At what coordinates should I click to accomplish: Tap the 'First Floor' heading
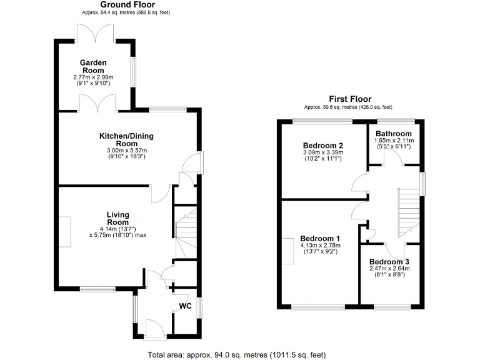[x=350, y=99]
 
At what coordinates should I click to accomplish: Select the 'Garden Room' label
[x=92, y=66]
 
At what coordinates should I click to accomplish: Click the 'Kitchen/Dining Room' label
[x=126, y=139]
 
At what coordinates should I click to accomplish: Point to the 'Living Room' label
[x=117, y=218]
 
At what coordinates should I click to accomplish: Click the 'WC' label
[x=185, y=306]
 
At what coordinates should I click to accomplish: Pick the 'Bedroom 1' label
[x=320, y=239]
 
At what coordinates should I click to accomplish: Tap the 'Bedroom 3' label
[x=389, y=261]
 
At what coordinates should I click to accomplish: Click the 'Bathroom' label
[x=394, y=134]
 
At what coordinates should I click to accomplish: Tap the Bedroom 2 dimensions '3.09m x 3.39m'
[x=322, y=153]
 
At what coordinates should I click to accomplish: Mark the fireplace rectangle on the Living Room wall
[x=65, y=226]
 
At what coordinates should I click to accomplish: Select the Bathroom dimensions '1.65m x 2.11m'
[x=394, y=141]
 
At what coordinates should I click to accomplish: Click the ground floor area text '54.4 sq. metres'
[x=122, y=12]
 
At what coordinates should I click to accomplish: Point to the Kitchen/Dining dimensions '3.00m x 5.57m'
[x=126, y=151]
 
